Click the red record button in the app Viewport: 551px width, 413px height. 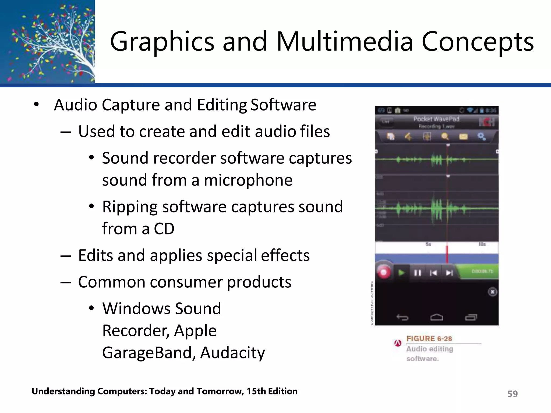pos(384,273)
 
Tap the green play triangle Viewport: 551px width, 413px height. pos(401,273)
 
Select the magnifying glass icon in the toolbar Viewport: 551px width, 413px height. pos(445,137)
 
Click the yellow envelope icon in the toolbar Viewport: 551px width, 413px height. pos(463,137)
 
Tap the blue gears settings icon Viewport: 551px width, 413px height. pos(481,137)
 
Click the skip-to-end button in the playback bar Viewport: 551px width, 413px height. pos(449,273)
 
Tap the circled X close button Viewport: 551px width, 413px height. pos(492,292)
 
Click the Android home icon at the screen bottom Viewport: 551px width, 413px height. pos(436,318)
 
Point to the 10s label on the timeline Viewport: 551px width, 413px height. pos(482,244)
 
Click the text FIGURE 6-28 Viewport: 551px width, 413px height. pos(429,339)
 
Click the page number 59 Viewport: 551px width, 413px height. pos(512,394)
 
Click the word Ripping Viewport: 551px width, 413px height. pos(130,207)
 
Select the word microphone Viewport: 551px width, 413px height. pos(248,180)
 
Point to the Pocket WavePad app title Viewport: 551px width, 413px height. pos(436,119)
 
